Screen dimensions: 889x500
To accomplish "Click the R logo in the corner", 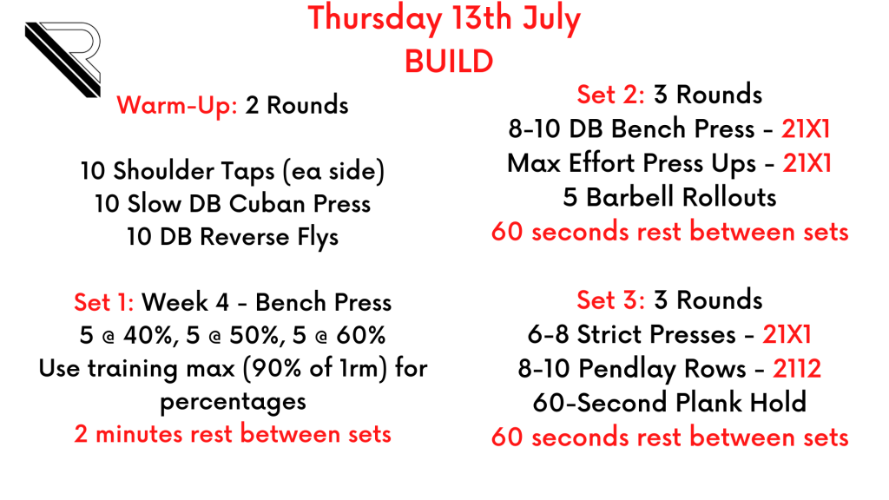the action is [63, 59].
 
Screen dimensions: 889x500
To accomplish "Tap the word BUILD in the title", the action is [449, 62].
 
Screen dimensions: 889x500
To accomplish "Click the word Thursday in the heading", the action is [375, 19].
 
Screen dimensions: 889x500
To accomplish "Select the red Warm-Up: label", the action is [177, 106].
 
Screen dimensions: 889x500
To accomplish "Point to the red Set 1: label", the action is [104, 302].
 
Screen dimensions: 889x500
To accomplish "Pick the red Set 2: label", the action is [610, 95].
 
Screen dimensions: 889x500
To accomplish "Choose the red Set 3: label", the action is [610, 300].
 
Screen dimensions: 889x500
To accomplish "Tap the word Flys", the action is [318, 238].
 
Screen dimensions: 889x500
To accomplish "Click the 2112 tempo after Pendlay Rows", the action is [797, 369].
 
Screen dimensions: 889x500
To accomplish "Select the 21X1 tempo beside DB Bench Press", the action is [806, 129].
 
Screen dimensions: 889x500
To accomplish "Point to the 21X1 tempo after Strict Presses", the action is [787, 334].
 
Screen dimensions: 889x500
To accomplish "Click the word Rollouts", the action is [729, 198].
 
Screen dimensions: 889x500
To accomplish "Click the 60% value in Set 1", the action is [361, 336].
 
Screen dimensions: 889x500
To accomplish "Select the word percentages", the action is [233, 403].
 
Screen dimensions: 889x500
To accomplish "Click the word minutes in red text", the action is [140, 435].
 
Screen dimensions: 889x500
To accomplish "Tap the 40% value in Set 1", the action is [148, 336].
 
